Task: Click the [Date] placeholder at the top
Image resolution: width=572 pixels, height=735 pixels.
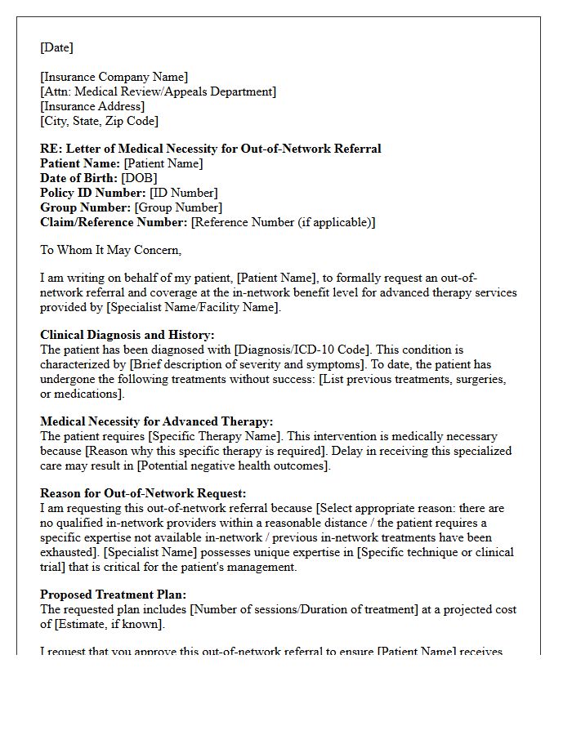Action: pos(56,48)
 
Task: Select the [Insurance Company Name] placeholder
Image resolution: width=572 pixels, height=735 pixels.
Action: pos(114,78)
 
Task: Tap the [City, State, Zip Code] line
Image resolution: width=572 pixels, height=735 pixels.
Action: pos(99,122)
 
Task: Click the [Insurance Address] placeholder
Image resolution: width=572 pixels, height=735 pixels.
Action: pos(92,107)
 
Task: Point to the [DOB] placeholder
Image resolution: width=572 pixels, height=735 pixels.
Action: pos(139,178)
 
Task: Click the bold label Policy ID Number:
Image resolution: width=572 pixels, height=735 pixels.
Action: pos(93,193)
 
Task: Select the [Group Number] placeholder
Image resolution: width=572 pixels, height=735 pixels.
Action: pos(178,207)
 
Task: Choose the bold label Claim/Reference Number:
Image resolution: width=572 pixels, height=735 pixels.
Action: pos(114,222)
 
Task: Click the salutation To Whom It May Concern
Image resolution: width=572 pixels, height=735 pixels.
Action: pos(110,251)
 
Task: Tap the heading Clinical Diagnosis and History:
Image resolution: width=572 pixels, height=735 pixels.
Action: pos(127,335)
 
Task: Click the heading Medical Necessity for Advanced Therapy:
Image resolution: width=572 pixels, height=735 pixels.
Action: pos(157,421)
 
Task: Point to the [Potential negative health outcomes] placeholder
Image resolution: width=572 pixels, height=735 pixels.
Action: pos(234,465)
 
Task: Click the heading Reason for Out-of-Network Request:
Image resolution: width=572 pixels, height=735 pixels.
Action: pos(143,493)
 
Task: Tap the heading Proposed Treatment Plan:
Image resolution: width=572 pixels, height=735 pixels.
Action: pos(114,595)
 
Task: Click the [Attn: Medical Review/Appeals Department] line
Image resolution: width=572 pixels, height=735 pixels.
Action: pos(159,92)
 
